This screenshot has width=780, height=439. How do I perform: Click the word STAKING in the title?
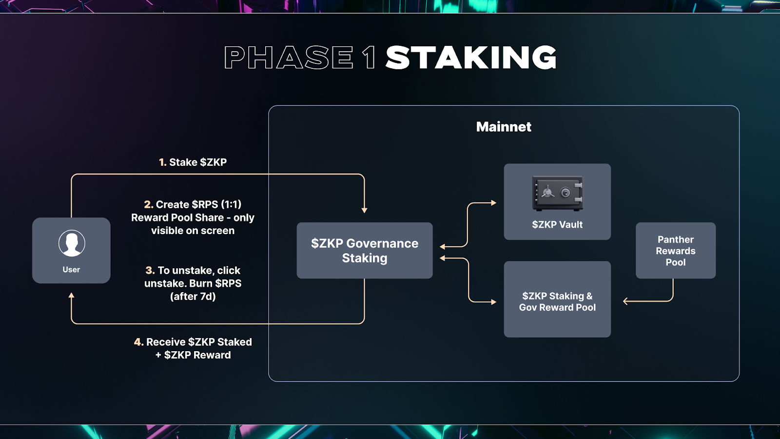pyautogui.click(x=471, y=58)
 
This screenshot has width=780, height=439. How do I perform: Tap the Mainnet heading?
pyautogui.click(x=504, y=127)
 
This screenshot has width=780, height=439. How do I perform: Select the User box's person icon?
pyautogui.click(x=72, y=243)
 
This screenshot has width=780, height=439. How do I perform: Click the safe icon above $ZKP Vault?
pyautogui.click(x=557, y=193)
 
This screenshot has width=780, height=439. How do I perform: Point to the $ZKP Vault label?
pyautogui.click(x=557, y=225)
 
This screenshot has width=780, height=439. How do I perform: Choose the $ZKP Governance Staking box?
pyautogui.click(x=365, y=250)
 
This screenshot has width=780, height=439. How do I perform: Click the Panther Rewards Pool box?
pyautogui.click(x=675, y=251)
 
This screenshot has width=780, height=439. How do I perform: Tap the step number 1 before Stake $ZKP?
pyautogui.click(x=162, y=162)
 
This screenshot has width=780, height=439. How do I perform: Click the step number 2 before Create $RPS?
pyautogui.click(x=148, y=204)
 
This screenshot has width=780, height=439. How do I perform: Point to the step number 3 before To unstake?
pyautogui.click(x=150, y=270)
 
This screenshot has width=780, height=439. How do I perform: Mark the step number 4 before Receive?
pyautogui.click(x=138, y=342)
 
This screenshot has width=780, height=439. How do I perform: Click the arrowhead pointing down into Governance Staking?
pyautogui.click(x=364, y=210)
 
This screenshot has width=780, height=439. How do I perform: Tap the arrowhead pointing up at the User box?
pyautogui.click(x=72, y=296)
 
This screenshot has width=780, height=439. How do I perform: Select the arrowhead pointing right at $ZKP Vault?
pyautogui.click(x=493, y=203)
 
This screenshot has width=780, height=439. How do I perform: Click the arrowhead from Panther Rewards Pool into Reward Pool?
pyautogui.click(x=626, y=301)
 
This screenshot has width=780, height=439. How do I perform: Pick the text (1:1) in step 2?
pyautogui.click(x=231, y=204)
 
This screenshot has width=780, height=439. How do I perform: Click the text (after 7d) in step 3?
pyautogui.click(x=193, y=297)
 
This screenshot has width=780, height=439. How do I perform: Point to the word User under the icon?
pyautogui.click(x=71, y=270)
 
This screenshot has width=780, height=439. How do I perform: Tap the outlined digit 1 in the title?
pyautogui.click(x=369, y=58)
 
